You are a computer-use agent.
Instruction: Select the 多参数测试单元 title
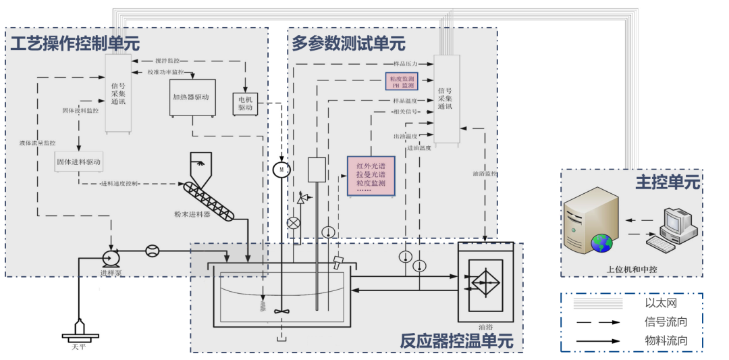348,44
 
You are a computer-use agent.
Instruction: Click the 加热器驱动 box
191,97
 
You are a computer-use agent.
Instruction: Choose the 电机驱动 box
245,103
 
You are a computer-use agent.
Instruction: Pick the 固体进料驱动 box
78,162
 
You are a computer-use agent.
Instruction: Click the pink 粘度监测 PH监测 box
402,82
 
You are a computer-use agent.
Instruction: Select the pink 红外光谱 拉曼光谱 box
371,176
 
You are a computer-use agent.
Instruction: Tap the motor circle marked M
281,170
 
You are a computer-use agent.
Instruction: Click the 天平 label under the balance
79,347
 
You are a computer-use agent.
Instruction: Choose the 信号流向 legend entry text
665,322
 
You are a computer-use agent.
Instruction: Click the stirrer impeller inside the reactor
281,312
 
